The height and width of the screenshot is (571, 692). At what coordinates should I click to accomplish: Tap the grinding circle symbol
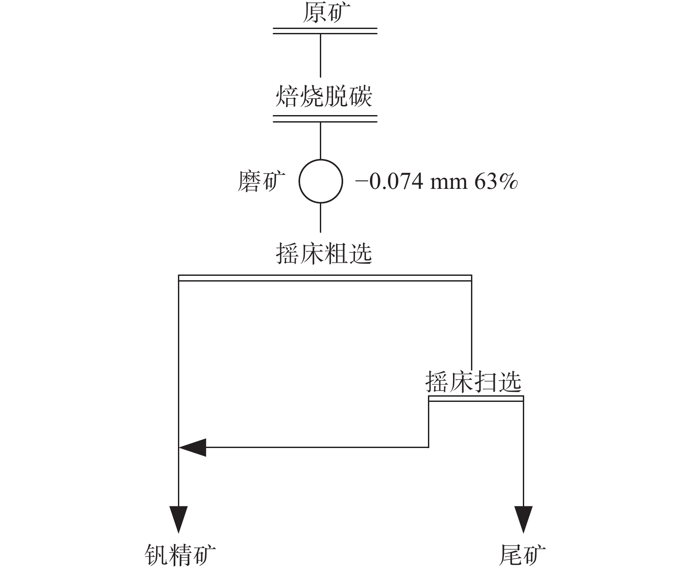320,181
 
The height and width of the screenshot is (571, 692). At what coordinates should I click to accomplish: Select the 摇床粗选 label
324,253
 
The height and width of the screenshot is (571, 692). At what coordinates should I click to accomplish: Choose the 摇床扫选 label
474,381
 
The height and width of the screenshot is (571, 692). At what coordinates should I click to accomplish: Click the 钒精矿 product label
181,555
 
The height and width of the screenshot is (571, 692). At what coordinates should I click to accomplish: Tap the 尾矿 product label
522,555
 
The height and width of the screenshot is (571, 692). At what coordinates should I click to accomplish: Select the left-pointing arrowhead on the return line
193,447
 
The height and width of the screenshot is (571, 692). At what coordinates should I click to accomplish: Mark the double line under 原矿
325,31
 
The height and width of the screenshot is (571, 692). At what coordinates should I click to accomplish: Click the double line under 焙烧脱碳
325,119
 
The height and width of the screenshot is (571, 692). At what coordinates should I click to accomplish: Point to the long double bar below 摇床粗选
325,278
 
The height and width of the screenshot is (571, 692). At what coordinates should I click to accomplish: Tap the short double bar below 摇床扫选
476,398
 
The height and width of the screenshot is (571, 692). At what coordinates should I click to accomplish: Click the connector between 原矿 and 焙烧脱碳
320,55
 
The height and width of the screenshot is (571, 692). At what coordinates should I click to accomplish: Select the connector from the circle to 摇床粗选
320,217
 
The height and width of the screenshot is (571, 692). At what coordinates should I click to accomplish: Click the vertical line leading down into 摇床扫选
471,325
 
